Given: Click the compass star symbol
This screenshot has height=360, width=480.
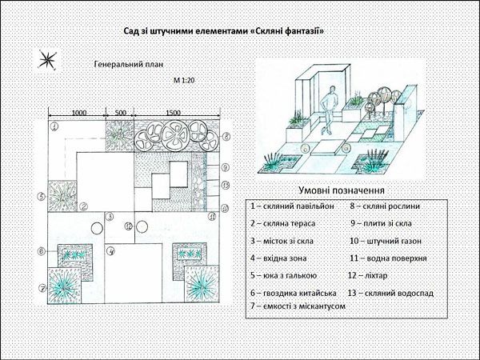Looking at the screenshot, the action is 47,59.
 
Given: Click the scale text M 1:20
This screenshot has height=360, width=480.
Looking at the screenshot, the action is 184,81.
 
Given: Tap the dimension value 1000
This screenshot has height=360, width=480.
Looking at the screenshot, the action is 79,113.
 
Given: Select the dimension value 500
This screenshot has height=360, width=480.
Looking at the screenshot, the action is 120,113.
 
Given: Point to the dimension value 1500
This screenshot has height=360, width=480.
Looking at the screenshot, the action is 174,113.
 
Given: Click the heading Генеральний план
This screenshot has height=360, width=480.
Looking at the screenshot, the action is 129,65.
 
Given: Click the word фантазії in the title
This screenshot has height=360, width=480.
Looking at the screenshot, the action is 304,31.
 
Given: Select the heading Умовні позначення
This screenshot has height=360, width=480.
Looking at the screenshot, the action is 342,190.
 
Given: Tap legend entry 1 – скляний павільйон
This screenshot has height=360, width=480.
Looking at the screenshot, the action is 292,206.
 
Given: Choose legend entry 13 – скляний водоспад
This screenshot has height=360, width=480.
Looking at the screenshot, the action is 390,294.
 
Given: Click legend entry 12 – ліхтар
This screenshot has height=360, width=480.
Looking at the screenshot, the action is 368,275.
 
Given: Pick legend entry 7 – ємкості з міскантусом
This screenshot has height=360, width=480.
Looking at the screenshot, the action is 298,306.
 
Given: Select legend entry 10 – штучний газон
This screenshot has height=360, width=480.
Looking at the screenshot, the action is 386,242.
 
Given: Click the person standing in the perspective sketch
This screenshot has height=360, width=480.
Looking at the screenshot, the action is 328,110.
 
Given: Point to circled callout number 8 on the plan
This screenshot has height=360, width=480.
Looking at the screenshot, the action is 226,137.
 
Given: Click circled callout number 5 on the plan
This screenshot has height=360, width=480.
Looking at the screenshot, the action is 42,197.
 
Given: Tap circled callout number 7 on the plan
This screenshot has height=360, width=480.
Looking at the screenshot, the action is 42,288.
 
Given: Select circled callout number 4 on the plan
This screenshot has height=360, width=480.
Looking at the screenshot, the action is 110,252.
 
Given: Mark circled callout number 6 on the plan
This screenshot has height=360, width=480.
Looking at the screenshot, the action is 42,251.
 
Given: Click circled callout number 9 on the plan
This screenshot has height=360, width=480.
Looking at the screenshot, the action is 226,167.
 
